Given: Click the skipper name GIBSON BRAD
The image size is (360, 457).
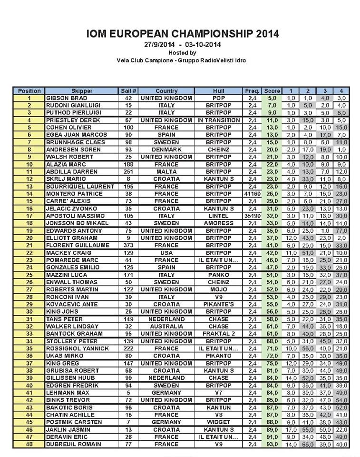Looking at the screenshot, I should [67, 98].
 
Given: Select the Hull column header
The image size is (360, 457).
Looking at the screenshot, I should [219, 91].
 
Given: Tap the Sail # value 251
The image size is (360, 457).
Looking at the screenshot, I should [128, 171].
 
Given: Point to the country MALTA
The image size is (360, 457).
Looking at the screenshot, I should [166, 171].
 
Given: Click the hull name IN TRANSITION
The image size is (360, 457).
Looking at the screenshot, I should [219, 120].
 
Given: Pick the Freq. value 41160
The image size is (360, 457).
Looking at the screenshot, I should [252, 194].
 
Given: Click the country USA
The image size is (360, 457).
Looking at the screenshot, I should [166, 253].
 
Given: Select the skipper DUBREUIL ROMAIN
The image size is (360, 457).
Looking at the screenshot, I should [74, 444].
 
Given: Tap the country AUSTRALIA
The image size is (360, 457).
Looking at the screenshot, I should [166, 327].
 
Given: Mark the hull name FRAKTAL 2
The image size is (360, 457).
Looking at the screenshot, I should [219, 334].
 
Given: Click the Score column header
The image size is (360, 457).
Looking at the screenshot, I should [272, 91].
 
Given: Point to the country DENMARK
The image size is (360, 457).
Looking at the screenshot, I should [166, 149].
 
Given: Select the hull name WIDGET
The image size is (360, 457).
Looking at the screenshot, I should [219, 422].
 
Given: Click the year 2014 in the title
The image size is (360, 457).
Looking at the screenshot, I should [261, 34].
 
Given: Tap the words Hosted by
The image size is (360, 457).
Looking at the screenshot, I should [182, 53].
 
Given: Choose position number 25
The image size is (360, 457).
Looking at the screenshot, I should [29, 275].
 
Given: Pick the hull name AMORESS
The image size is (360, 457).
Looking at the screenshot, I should [219, 223].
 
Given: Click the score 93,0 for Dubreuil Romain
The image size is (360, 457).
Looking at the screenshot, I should [272, 444].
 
